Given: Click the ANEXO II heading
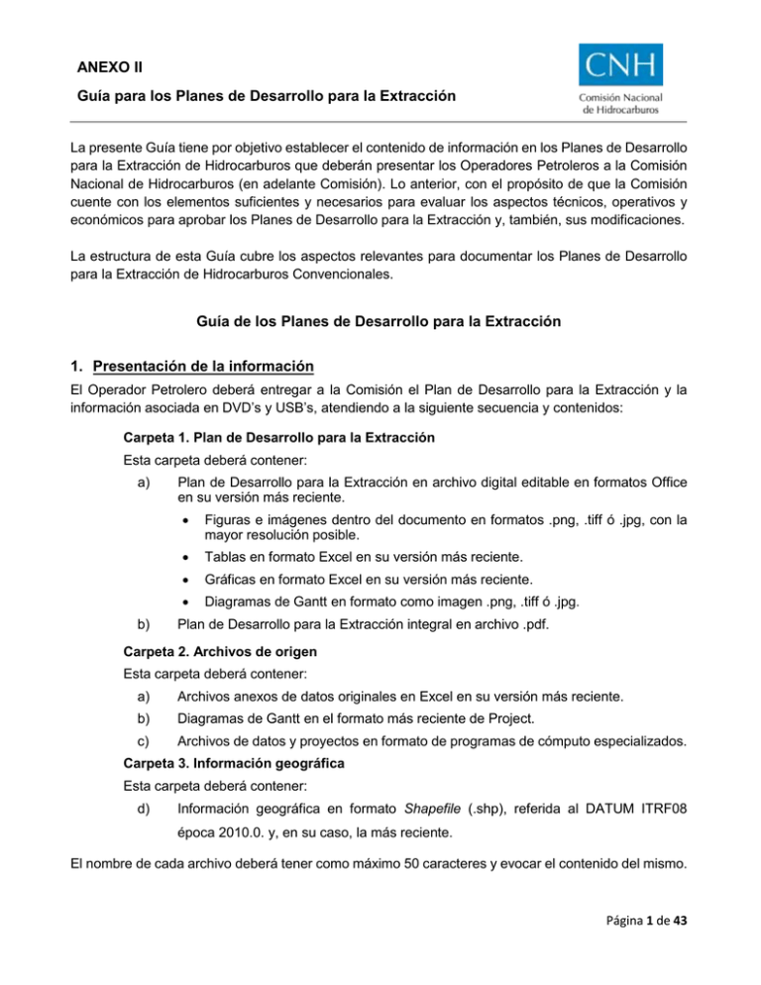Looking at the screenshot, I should coord(110,67).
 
